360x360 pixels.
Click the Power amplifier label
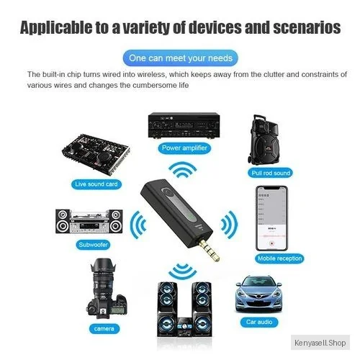click(x=184, y=148)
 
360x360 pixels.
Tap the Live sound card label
click(x=96, y=184)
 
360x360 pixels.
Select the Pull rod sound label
click(x=271, y=173)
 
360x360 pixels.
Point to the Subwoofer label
click(x=93, y=245)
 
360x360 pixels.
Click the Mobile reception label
click(x=279, y=258)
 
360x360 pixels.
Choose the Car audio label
click(x=259, y=322)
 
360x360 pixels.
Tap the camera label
click(x=104, y=328)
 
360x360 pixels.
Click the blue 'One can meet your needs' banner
click(x=180, y=58)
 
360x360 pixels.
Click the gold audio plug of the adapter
click(x=210, y=251)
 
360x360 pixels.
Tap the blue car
click(x=258, y=294)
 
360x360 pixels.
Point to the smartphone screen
click(x=271, y=218)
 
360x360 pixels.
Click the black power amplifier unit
click(x=184, y=125)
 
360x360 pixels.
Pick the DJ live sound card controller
click(x=96, y=154)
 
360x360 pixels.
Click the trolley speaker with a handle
click(x=264, y=140)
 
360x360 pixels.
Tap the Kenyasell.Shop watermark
click(x=320, y=343)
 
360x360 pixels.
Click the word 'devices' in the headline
click(x=215, y=27)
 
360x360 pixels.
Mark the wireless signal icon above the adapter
click(x=182, y=169)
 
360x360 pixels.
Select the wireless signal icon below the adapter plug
click(x=182, y=271)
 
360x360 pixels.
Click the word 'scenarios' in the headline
click(x=307, y=27)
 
